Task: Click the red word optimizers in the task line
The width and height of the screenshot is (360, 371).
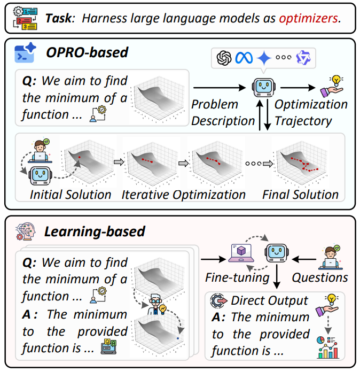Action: [309, 18]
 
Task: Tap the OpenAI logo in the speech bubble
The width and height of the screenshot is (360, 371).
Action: [224, 58]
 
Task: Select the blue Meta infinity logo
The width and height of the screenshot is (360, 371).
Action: [244, 58]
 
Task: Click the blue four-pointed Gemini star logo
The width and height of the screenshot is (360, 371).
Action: [264, 58]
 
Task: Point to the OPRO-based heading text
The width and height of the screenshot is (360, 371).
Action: [87, 52]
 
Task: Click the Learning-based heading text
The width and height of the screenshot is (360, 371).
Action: [95, 231]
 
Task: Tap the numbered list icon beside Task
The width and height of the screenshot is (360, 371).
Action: [25, 19]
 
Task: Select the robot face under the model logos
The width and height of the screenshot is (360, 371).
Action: [263, 87]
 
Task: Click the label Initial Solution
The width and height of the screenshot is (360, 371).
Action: [71, 195]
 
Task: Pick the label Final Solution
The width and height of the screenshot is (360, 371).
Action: [300, 195]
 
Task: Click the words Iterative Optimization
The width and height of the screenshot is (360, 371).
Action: [183, 195]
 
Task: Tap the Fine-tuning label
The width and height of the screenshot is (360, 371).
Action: [237, 278]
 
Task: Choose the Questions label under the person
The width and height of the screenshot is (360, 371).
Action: [320, 277]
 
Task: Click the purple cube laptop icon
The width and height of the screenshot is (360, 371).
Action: [241, 253]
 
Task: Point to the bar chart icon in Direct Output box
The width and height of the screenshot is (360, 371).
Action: [327, 347]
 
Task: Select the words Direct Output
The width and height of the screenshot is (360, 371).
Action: [270, 301]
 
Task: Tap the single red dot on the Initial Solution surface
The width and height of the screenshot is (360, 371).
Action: [80, 157]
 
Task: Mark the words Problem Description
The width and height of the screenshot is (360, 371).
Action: [223, 113]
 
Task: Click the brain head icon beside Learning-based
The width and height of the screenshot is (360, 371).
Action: [26, 231]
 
